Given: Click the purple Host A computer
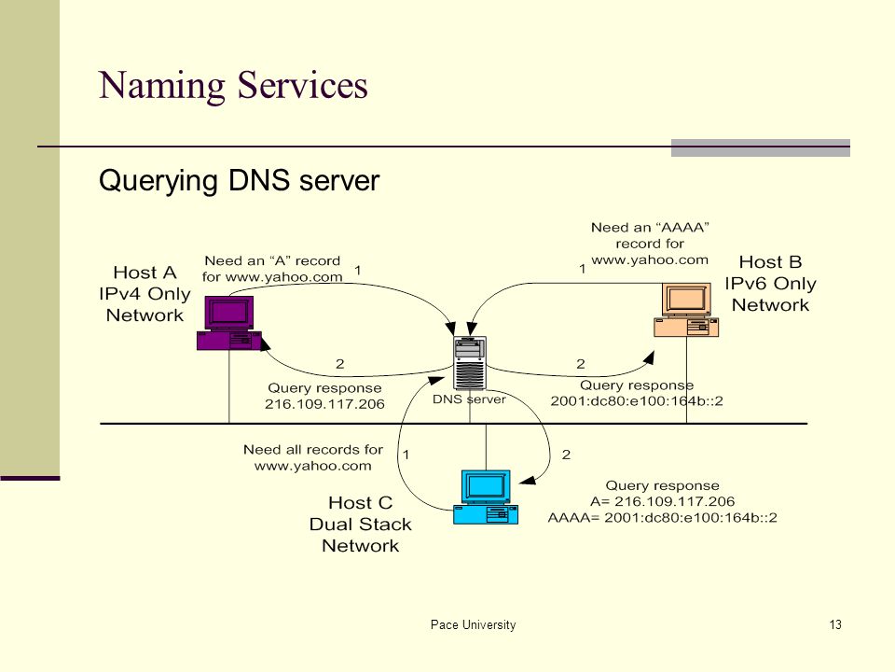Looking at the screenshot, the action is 229,323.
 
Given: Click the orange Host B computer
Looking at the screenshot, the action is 686,310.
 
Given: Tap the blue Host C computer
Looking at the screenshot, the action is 486,497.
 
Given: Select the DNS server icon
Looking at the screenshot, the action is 470,363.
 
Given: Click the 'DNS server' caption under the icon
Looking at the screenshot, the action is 469,399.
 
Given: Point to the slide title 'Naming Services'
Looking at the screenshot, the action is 233,86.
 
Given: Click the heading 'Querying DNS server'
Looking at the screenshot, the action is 240,180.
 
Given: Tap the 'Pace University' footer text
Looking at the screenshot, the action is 474,624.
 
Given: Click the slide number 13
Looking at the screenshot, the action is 835,624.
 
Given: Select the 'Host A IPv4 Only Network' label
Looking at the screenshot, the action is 145,294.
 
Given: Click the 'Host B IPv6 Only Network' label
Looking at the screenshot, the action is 771,284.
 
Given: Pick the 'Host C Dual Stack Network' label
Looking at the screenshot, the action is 360,524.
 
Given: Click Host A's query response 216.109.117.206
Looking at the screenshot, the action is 324,404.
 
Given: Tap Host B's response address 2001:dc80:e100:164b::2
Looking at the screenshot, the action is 637,401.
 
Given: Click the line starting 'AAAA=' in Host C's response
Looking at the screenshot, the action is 662,518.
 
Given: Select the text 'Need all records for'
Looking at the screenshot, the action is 313,450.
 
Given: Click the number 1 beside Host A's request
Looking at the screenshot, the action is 357,271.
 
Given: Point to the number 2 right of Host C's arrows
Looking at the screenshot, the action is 566,455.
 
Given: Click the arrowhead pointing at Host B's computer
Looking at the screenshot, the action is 649,358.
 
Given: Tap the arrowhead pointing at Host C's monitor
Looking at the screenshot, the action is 528,480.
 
